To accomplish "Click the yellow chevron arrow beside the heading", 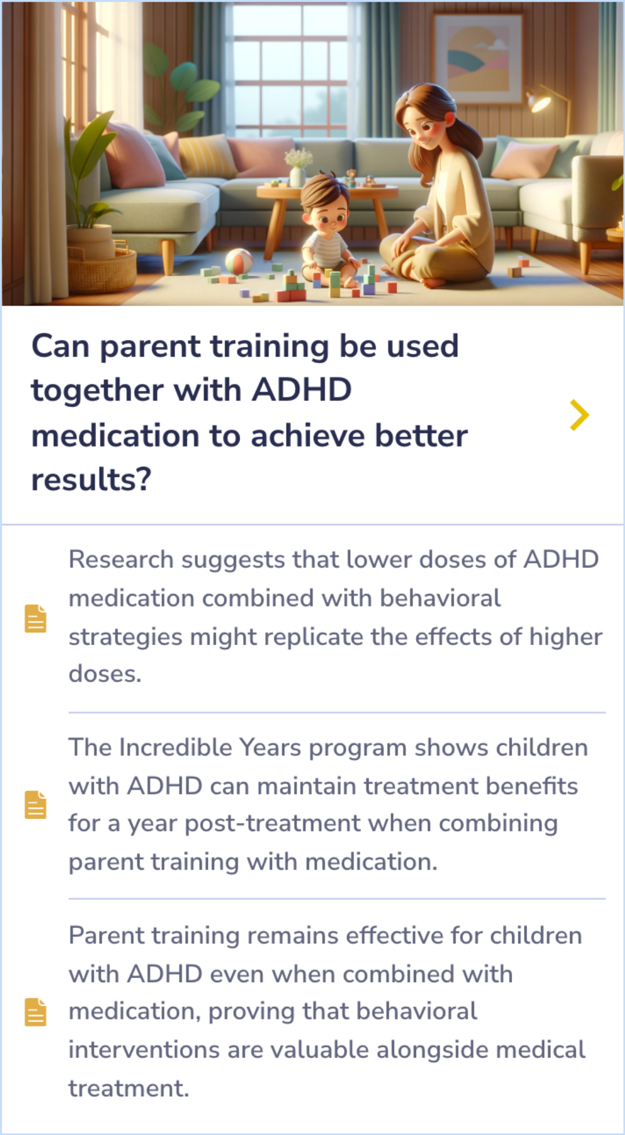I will coord(579,415).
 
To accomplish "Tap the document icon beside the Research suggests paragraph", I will coord(35,618).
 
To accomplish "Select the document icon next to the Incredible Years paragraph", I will coord(35,805).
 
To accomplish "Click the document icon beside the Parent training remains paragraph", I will coord(35,1012).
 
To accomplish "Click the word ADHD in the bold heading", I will coord(302,390).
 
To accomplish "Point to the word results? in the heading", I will coord(91,479).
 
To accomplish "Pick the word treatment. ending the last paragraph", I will coord(128,1089).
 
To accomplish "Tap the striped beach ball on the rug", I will coord(238,262).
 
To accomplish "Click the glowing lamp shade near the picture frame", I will coord(539,101).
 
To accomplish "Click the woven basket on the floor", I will coord(102,269).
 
